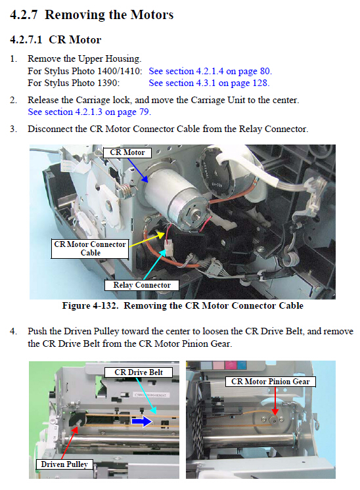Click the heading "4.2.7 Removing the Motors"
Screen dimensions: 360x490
pyautogui.click(x=91, y=14)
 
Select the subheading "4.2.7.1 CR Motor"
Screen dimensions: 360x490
pyautogui.click(x=56, y=39)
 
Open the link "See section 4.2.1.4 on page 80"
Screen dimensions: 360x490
pyautogui.click(x=210, y=71)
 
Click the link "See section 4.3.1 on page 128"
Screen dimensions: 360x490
pyautogui.click(x=209, y=83)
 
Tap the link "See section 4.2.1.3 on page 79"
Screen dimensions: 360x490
pyautogui.click(x=89, y=112)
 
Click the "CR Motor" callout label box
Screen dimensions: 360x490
pyautogui.click(x=127, y=152)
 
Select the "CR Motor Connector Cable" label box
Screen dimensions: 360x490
pyautogui.click(x=90, y=248)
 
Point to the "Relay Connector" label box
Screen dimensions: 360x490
pyautogui.click(x=142, y=285)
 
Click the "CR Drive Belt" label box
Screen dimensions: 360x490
pyautogui.click(x=139, y=372)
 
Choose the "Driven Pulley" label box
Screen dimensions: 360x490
pyautogui.click(x=64, y=464)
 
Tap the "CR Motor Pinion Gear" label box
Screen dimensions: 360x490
pyautogui.click(x=271, y=382)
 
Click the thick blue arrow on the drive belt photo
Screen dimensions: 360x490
pyautogui.click(x=142, y=422)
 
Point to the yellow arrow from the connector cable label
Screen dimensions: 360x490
pyautogui.click(x=146, y=240)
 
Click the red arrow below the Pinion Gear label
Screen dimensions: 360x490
pyautogui.click(x=275, y=401)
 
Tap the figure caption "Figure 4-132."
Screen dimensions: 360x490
pyautogui.click(x=90, y=305)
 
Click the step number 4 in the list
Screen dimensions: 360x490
pyautogui.click(x=13, y=331)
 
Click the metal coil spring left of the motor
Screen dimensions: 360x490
pyautogui.click(x=126, y=190)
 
